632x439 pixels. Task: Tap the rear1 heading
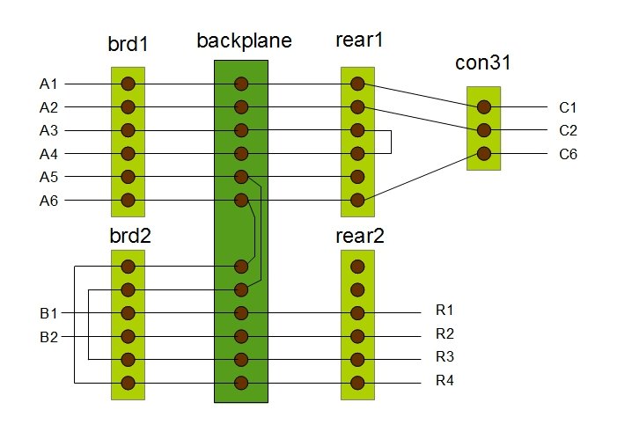(357, 40)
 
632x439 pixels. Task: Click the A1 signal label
(48, 84)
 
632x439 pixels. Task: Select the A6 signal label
(48, 200)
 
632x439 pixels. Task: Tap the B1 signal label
(48, 313)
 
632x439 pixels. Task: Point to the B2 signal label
(48, 336)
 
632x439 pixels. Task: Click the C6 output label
(567, 154)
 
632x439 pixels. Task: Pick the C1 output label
(567, 108)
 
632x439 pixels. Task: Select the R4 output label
(445, 381)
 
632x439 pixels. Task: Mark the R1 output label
(445, 311)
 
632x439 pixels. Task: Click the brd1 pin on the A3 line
(128, 130)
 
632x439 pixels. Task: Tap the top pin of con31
(483, 107)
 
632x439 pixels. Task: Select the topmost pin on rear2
(357, 267)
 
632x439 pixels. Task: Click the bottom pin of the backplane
(240, 383)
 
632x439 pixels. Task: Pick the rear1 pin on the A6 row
(357, 200)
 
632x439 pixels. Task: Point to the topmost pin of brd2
(128, 267)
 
